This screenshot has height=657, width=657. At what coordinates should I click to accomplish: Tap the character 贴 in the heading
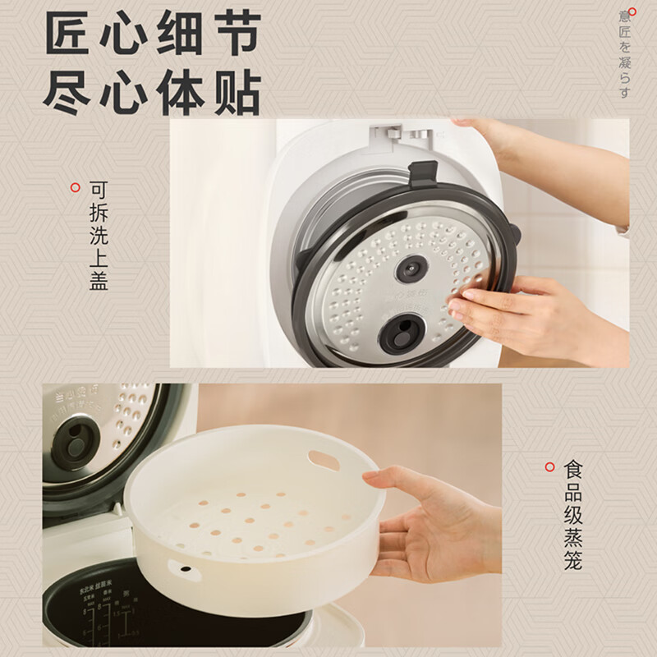[x=233, y=92]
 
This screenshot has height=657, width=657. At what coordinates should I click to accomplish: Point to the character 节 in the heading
[x=233, y=34]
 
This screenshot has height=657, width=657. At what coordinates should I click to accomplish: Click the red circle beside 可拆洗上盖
[x=76, y=187]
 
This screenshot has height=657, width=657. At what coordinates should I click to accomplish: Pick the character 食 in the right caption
[x=573, y=470]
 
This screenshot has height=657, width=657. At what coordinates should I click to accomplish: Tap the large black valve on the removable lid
[x=402, y=333]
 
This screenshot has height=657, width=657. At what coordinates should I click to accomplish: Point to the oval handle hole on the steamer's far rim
[x=324, y=461]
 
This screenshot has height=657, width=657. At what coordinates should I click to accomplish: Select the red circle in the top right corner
[x=632, y=11]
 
